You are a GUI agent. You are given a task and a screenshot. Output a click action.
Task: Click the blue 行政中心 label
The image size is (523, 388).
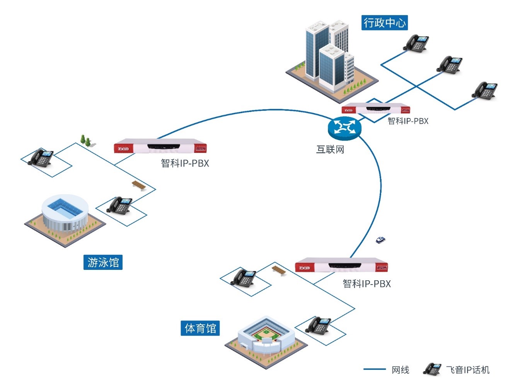click(384, 23)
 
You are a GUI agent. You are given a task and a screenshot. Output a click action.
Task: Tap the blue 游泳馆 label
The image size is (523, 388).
click(103, 263)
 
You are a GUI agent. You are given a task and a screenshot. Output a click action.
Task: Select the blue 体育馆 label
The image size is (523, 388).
click(200, 329)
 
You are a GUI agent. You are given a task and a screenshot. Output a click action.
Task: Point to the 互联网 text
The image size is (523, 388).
click(330, 149)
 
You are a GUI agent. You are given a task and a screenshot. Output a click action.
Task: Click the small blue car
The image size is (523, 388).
click(381, 240)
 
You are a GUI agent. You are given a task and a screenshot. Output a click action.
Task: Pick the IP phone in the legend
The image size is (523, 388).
click(432, 369)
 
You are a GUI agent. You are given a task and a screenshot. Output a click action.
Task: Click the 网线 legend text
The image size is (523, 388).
click(400, 370)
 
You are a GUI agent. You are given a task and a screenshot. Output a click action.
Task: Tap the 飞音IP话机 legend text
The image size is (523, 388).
click(468, 370)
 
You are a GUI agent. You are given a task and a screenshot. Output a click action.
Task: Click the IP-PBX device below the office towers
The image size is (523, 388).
click(376, 108)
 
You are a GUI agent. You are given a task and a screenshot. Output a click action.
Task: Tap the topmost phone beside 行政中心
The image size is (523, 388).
click(416, 43)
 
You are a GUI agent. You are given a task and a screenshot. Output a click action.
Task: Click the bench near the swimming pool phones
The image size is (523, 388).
click(139, 185)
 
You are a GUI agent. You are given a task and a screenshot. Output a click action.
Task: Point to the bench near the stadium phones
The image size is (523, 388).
click(279, 270)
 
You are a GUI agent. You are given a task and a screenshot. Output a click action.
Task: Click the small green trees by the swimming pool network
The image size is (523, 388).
click(85, 141)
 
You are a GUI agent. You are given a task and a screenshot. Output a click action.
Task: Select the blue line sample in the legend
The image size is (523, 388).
click(374, 369)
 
